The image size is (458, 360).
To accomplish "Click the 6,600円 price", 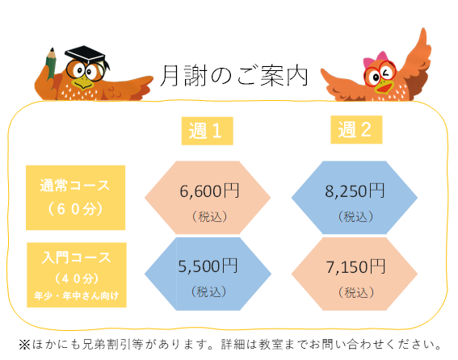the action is (209, 191).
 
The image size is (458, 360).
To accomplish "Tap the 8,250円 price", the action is (355, 191).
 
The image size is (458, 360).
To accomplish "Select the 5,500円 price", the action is (208, 266).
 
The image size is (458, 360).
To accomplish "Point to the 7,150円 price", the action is (355, 267).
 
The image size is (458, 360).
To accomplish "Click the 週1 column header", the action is (207, 131).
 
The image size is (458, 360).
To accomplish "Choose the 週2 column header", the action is (356, 130).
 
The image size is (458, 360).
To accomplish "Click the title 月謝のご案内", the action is (234, 76).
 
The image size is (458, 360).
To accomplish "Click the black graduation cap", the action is (86, 54).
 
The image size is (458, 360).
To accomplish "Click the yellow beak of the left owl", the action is (83, 82).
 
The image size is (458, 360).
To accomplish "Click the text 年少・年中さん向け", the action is (77, 295).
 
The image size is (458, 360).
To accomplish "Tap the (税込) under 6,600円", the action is (209, 216).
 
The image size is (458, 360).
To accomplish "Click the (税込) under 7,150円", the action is (356, 292).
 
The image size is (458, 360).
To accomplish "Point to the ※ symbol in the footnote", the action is (24, 345).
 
